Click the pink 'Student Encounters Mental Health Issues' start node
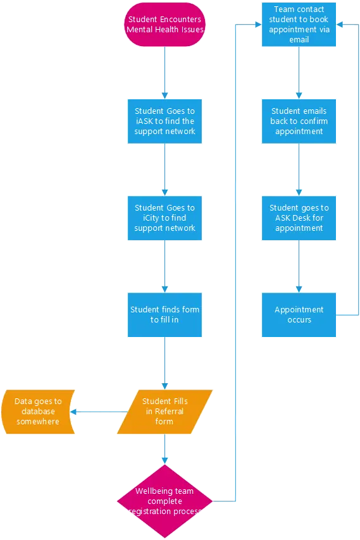pos(164,25)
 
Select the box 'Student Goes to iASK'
pos(164,121)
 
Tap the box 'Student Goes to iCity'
pos(164,218)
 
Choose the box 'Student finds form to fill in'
pos(164,314)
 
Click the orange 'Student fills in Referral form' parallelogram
pos(164,412)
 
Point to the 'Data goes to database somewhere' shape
pos(37,412)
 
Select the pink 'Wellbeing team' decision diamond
pos(164,501)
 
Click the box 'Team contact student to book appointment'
pos(300,25)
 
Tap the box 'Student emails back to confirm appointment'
pos(300,121)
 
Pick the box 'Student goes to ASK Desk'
pos(300,218)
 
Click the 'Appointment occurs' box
pos(300,314)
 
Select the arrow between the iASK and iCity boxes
pos(164,169)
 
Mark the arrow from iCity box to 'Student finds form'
pos(164,266)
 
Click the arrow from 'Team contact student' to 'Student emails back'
pos(300,73)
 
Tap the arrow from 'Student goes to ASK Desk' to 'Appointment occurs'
pos(300,266)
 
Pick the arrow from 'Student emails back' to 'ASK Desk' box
pos(300,169)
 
